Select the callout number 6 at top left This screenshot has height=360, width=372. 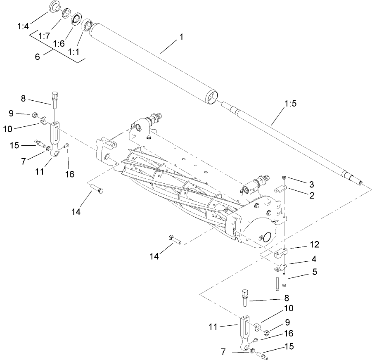pos(37,57)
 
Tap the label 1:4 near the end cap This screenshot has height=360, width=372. pos(23,26)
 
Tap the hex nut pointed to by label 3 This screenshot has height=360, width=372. pos(284,178)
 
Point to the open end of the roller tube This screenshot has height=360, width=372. pos(211,97)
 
